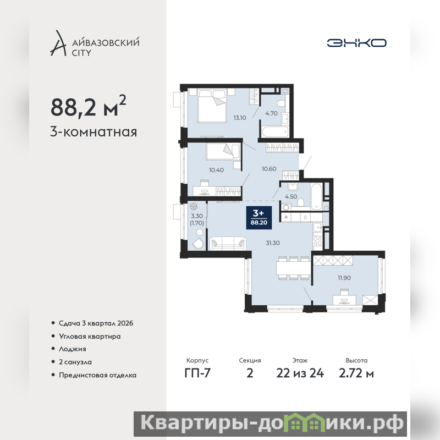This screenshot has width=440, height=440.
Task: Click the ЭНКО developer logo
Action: [x=356, y=43]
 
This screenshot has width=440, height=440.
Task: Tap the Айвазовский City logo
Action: [x=95, y=43]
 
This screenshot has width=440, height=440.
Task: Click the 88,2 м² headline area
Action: [x=89, y=106]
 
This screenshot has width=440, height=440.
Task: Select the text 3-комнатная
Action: [x=94, y=132]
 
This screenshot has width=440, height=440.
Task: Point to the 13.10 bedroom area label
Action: [x=240, y=118]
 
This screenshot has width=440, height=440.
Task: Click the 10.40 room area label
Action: [x=216, y=170]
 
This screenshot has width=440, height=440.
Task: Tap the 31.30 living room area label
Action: [x=273, y=243]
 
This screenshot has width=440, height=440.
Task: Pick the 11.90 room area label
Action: [x=344, y=278]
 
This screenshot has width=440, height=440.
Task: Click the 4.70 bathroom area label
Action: [x=271, y=113]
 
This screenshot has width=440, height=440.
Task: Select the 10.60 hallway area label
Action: [x=269, y=169]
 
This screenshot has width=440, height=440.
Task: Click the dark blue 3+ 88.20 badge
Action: [x=259, y=218]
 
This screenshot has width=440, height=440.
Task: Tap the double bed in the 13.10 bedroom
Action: [x=212, y=105]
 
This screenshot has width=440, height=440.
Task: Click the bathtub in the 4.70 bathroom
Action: [x=275, y=132]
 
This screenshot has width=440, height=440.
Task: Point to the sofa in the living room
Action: [x=228, y=243]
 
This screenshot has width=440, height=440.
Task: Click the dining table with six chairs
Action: [x=293, y=268]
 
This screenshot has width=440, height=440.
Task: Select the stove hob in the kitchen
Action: [x=318, y=241]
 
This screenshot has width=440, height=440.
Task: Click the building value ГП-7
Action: [x=197, y=373]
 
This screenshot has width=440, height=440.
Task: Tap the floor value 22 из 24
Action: [x=300, y=373]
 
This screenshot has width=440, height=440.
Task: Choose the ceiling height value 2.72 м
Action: [x=356, y=373]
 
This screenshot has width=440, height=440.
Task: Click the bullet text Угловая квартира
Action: [x=90, y=337]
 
